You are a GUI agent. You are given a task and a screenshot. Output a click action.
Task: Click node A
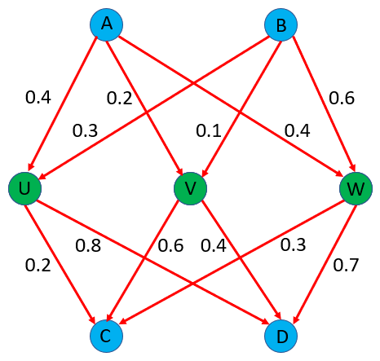coord(107,24)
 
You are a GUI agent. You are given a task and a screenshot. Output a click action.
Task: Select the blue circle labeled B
coord(281,24)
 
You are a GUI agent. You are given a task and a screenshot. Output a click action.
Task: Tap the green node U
coord(24,188)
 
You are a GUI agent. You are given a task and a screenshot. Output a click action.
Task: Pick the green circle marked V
coord(190,188)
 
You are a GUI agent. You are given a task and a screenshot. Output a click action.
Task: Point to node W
coord(356,188)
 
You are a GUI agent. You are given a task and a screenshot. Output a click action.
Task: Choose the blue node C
coord(106,336)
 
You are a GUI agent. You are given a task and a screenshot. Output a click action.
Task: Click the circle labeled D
coord(281,337)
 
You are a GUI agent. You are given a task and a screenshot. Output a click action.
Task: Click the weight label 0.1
coord(209,130)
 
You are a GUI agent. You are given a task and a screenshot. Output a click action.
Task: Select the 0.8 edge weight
coord(88,245)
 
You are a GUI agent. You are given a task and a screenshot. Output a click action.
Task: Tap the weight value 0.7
coord(346,265)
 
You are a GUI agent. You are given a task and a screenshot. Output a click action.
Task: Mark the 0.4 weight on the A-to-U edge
coord(38,97)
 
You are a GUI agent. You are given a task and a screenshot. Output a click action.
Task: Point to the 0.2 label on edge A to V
coord(119,98)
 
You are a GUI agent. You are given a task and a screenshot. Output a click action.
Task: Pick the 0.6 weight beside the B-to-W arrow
coord(342,98)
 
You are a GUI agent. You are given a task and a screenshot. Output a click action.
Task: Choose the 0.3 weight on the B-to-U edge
coord(85,130)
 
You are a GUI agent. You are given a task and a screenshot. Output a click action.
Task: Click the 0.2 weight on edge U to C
coord(38,265)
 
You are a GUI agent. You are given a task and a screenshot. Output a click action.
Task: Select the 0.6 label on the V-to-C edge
coord(170,245)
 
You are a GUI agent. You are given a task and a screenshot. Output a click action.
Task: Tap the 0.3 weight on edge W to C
coord(293,244)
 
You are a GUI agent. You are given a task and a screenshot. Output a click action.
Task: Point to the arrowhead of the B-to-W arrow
coord(352,166)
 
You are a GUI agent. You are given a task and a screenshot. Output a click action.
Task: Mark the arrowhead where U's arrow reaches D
coord(265,321)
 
